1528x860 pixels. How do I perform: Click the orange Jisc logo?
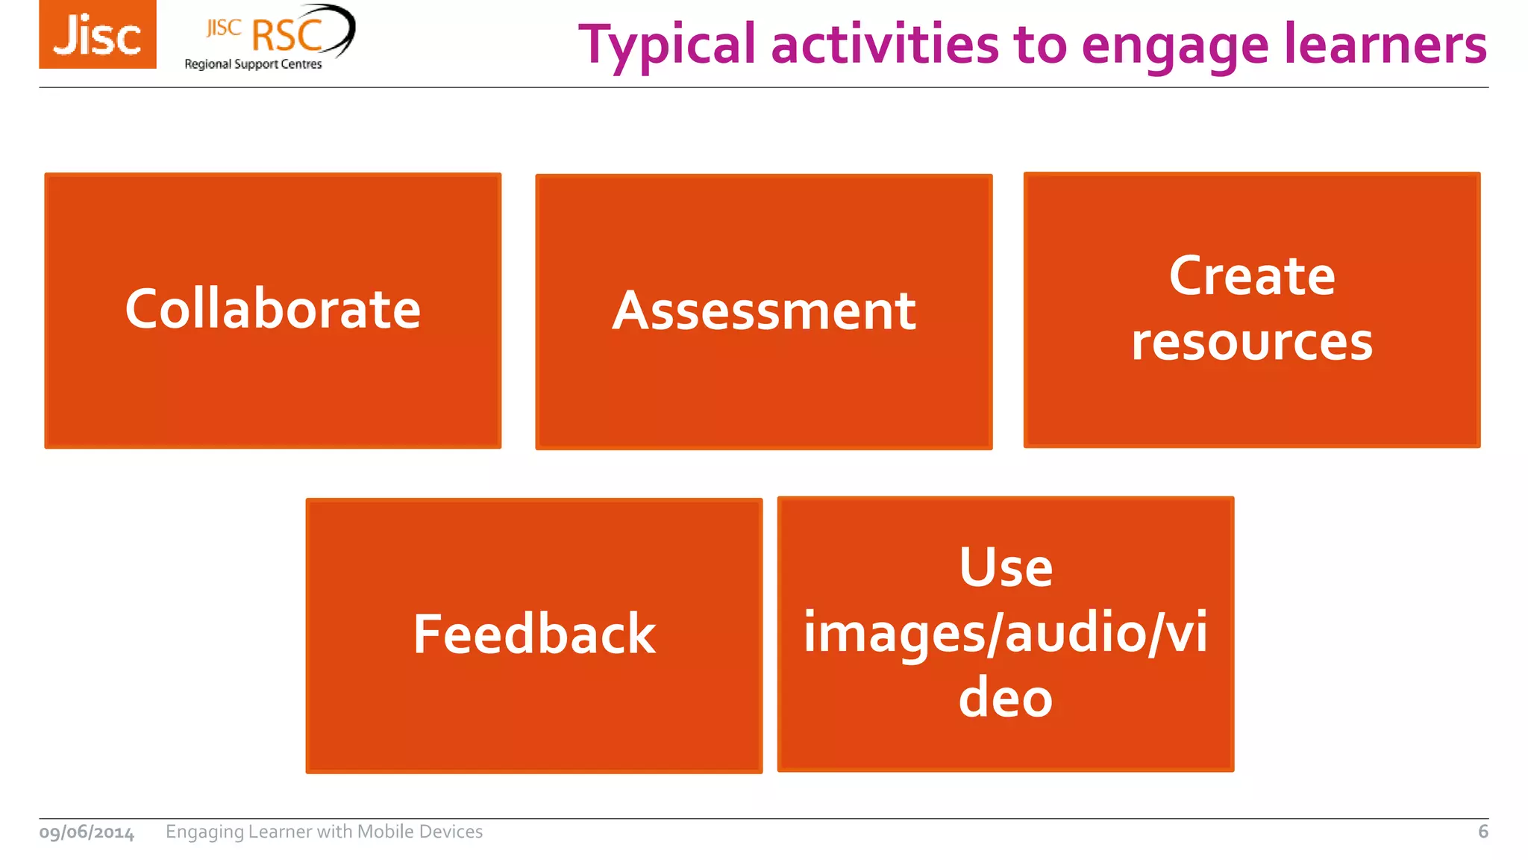click(x=98, y=34)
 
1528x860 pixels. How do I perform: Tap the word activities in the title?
click(x=884, y=45)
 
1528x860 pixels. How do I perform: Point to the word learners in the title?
click(x=1385, y=45)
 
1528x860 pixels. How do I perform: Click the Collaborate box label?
click(x=273, y=309)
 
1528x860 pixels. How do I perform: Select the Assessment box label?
click(x=764, y=311)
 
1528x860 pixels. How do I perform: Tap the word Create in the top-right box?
click(x=1252, y=276)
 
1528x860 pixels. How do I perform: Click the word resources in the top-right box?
click(x=1252, y=342)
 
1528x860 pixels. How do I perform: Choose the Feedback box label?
click(x=534, y=634)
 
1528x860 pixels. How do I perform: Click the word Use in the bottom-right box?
click(x=1006, y=567)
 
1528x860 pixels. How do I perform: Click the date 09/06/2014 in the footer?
click(x=87, y=832)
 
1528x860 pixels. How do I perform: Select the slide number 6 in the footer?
click(x=1482, y=832)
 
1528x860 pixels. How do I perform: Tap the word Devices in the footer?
click(x=451, y=832)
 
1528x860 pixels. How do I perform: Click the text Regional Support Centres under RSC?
click(x=253, y=64)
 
